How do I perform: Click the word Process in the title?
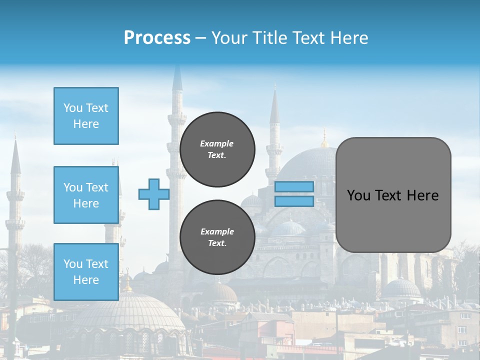(x=157, y=38)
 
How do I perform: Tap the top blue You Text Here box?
(x=86, y=116)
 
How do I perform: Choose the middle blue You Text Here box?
(x=86, y=195)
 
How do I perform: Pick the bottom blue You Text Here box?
(x=86, y=272)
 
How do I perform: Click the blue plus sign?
(x=153, y=194)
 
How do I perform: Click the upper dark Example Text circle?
(x=217, y=149)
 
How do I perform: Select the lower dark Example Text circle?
(x=217, y=237)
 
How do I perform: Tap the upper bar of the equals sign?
(x=294, y=186)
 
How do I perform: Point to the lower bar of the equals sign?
(x=294, y=201)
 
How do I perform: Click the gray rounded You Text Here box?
(x=393, y=195)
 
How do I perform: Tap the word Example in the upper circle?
(x=217, y=143)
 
